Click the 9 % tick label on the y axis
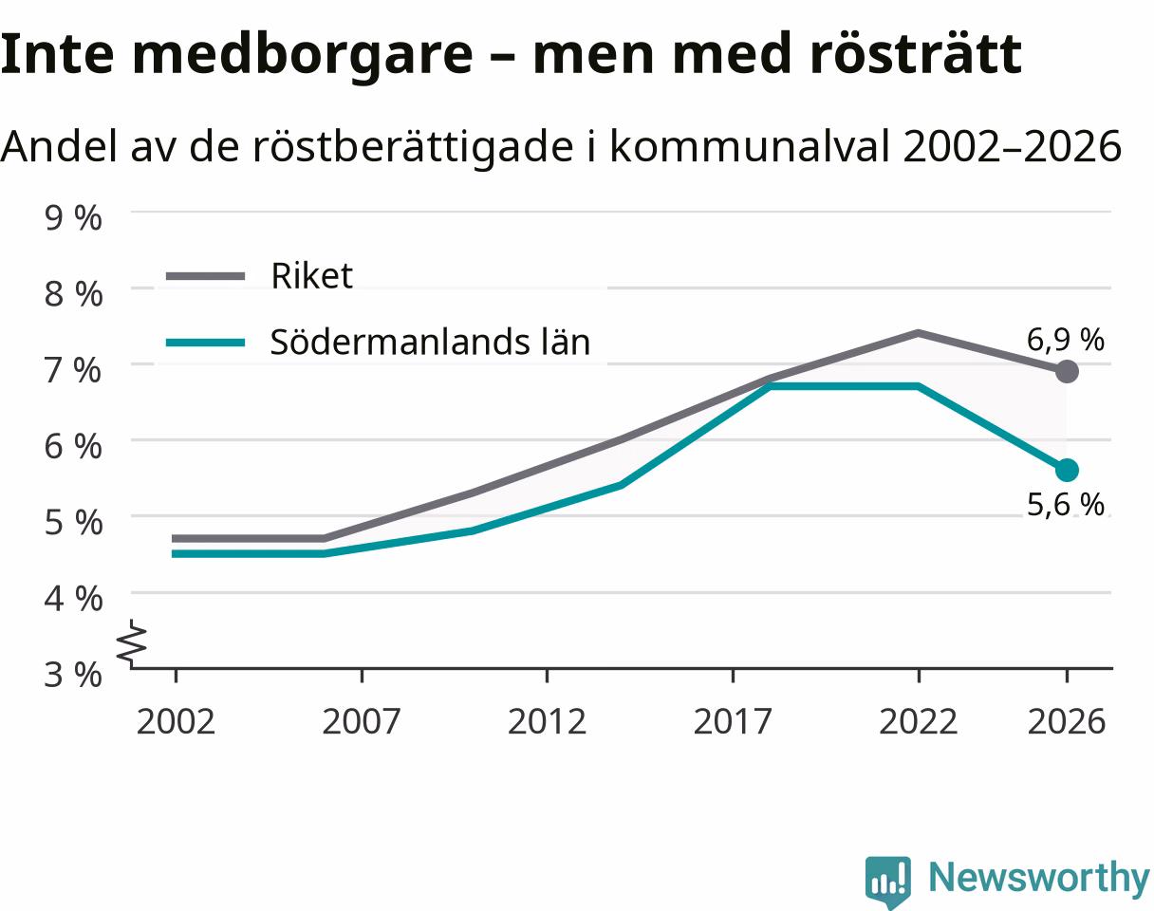coord(73,217)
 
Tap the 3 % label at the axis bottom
coord(73,674)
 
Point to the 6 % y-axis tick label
coord(73,446)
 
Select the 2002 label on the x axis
coord(176,722)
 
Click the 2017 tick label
coord(733,722)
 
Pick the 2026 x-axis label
coord(1067,722)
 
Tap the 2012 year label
coord(547,722)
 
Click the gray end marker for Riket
coord(1067,371)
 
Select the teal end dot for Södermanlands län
coord(1067,471)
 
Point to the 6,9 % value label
coord(1066,340)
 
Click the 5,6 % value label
coord(1066,505)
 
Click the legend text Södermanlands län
coord(430,342)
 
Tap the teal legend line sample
coord(205,343)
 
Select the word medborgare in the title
coord(303,55)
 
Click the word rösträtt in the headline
coord(916,54)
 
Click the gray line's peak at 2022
coord(919,333)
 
